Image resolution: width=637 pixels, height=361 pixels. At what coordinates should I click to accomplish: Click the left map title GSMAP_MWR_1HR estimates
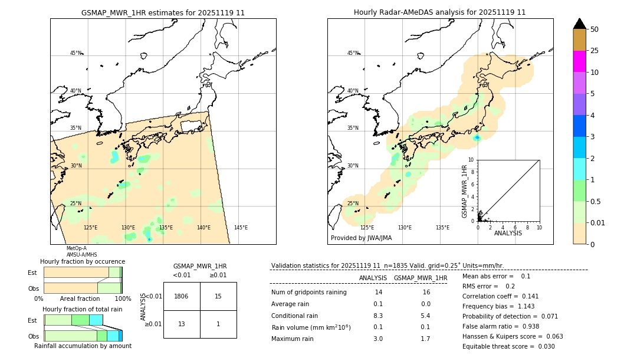pos(163,12)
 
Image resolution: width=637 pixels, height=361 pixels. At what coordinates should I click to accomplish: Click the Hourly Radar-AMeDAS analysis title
pos(439,12)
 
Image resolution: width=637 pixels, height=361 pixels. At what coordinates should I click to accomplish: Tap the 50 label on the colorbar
pos(595,29)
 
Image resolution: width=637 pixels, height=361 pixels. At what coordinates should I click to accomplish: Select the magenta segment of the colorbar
pos(579,61)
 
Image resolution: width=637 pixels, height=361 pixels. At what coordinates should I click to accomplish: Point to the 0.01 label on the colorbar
pos(598,223)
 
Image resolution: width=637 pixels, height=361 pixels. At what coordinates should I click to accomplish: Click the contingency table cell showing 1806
pos(181,296)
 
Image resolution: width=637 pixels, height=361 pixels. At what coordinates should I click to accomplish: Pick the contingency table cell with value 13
pos(181,324)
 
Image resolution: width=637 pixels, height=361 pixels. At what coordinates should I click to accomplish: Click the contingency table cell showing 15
pos(218,296)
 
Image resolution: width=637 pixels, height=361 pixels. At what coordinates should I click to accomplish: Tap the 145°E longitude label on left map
pos(241,228)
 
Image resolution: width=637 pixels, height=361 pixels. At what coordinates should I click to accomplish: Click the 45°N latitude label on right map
pos(353,53)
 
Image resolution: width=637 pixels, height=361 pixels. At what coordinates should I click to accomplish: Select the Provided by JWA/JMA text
pos(361,238)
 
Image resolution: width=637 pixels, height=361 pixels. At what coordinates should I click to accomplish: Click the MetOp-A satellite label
pos(76,248)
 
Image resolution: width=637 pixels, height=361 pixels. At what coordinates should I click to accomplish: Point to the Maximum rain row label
pos(293,339)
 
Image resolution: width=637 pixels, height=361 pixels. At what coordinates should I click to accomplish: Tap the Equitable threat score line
pos(508,346)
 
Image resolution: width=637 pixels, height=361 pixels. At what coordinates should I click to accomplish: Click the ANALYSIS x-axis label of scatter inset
pos(508,233)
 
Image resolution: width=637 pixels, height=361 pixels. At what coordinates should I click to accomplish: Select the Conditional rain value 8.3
pos(378,316)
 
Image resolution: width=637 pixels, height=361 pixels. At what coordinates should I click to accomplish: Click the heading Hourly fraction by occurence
pos(83,261)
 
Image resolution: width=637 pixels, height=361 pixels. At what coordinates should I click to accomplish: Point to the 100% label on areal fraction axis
pos(123,299)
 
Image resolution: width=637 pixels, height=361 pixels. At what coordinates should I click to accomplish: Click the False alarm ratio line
pos(500,326)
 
